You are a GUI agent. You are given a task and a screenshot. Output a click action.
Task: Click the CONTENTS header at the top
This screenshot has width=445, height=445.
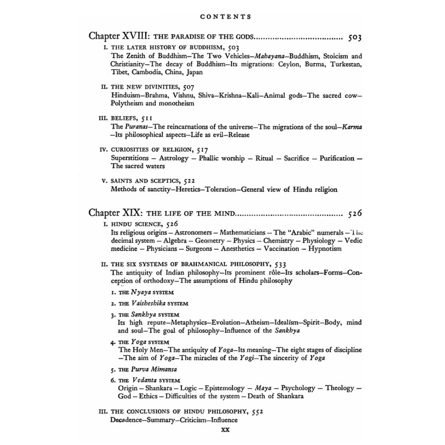[x=225, y=17]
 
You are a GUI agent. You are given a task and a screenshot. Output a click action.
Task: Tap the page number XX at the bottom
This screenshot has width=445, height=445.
[x=225, y=429]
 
